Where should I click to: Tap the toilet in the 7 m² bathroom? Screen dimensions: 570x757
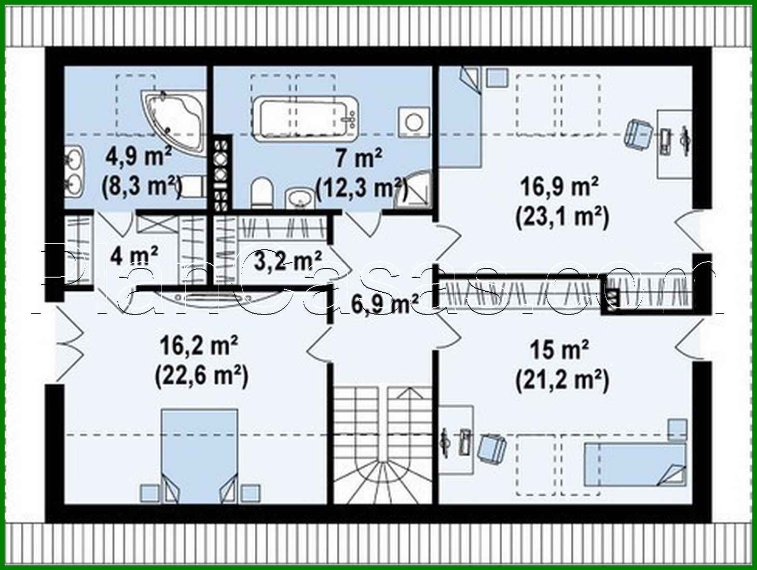(261, 193)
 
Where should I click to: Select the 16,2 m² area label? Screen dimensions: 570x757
(199, 345)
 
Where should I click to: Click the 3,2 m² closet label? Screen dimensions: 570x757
(287, 261)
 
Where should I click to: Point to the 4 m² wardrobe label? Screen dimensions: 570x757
(134, 255)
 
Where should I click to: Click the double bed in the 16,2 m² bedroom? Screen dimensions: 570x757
(200, 454)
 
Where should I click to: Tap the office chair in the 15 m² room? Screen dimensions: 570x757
(492, 449)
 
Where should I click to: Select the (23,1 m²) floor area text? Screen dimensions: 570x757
(562, 217)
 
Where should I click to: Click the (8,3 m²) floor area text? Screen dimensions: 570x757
(142, 186)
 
